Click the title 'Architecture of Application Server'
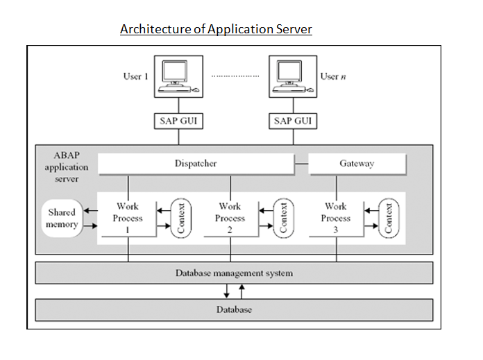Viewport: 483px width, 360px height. coord(216,29)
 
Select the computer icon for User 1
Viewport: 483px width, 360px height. coord(175,76)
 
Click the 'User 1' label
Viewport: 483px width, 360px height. coord(136,76)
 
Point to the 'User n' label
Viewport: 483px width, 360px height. coord(333,76)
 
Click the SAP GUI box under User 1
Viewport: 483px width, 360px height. coord(175,120)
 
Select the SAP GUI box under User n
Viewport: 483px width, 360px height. coord(292,120)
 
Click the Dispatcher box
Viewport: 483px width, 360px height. coord(195,164)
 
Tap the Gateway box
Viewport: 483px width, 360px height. coord(357,164)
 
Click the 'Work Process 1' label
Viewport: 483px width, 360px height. coord(128,218)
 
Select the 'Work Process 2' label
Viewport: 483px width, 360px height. coord(230,218)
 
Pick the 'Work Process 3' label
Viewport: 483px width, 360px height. coord(335,218)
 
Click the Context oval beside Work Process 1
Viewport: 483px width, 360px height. coord(180,218)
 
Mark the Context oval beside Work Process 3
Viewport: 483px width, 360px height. coord(389,218)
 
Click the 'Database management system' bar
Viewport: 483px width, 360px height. coord(234,273)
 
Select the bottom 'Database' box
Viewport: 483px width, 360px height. coord(234,309)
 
